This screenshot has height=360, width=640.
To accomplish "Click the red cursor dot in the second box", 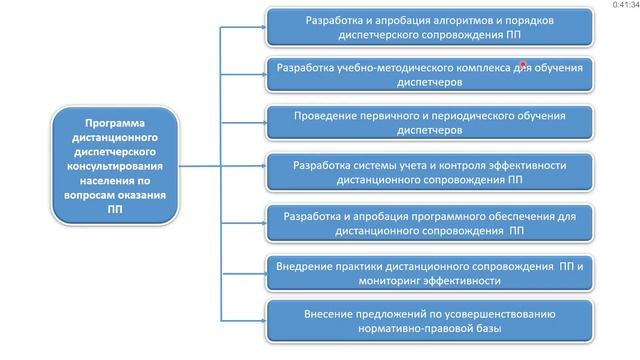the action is (523, 64).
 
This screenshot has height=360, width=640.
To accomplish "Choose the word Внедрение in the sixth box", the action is (309, 265).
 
